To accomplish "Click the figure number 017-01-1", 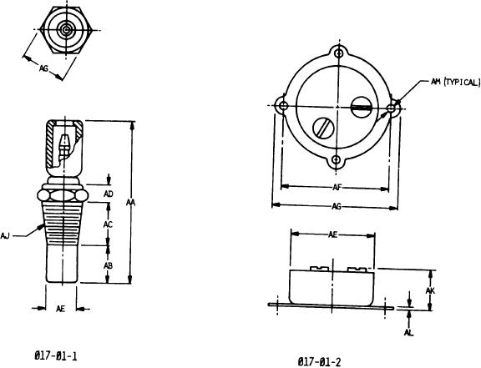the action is click(55, 356).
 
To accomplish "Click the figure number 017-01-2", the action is click(319, 362).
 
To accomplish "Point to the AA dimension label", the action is click(130, 203).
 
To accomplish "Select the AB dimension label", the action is click(108, 265).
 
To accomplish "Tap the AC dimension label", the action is click(108, 224).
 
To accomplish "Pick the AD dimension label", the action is click(109, 194).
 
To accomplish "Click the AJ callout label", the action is click(5, 235).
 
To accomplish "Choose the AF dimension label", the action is click(337, 187).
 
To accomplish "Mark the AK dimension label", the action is click(430, 290).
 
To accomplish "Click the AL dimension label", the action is click(408, 332).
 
